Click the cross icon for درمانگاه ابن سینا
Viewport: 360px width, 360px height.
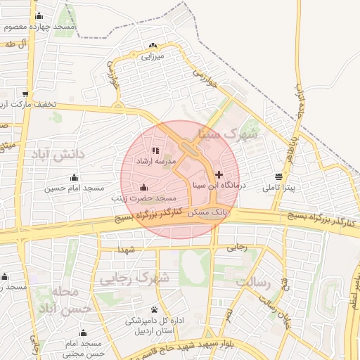coord(219,174)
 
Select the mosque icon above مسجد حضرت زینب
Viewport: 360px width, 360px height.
coord(144,187)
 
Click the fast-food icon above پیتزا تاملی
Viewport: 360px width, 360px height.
coord(279,176)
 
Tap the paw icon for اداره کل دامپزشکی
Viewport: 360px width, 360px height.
coord(154,309)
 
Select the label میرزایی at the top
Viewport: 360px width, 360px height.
coord(150,55)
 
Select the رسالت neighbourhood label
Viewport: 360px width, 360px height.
coord(254,282)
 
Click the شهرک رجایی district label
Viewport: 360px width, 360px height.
coord(144,278)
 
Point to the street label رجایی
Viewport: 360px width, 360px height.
coord(236,247)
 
